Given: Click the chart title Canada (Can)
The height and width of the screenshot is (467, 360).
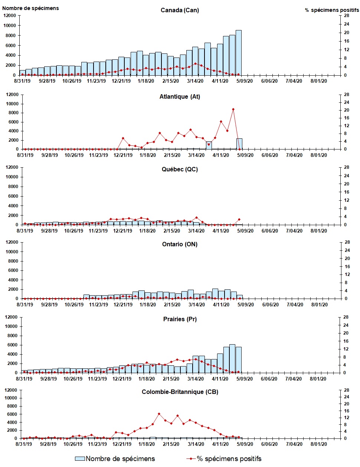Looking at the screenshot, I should (180, 10).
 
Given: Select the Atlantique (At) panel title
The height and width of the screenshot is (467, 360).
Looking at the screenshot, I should (180, 96).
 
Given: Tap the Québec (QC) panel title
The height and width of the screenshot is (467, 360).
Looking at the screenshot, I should (180, 169).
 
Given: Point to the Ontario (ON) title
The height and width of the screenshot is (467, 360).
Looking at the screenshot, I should (180, 244).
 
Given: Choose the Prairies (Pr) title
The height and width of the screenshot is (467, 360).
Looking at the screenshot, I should (180, 319).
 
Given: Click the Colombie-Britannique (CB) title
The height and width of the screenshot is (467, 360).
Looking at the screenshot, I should (180, 392).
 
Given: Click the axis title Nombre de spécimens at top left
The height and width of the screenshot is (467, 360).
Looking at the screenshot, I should (30, 8).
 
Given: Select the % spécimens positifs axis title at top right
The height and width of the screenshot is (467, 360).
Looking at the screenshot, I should (332, 10).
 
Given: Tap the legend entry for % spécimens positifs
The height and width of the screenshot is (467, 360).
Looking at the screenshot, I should (229, 459).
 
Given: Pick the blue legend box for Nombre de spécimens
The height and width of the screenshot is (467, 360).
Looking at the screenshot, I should (80, 459).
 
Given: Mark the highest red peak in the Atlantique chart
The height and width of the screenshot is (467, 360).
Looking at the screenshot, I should (233, 109).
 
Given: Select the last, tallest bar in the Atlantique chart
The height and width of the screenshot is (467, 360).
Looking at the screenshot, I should (239, 144).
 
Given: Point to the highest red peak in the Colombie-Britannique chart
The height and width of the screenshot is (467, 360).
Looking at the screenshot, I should (159, 414).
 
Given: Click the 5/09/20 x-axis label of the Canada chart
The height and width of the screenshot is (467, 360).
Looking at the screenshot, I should (245, 81).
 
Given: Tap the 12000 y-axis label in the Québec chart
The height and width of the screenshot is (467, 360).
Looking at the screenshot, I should (12, 167).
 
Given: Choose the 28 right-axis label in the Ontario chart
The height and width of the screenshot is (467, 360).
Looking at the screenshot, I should (347, 242).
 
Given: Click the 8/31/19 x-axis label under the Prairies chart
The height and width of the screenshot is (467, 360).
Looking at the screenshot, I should (24, 379).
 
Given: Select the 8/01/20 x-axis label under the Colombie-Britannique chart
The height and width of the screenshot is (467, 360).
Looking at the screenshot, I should (318, 444).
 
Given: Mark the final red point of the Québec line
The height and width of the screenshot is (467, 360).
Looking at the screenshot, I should (239, 220).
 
